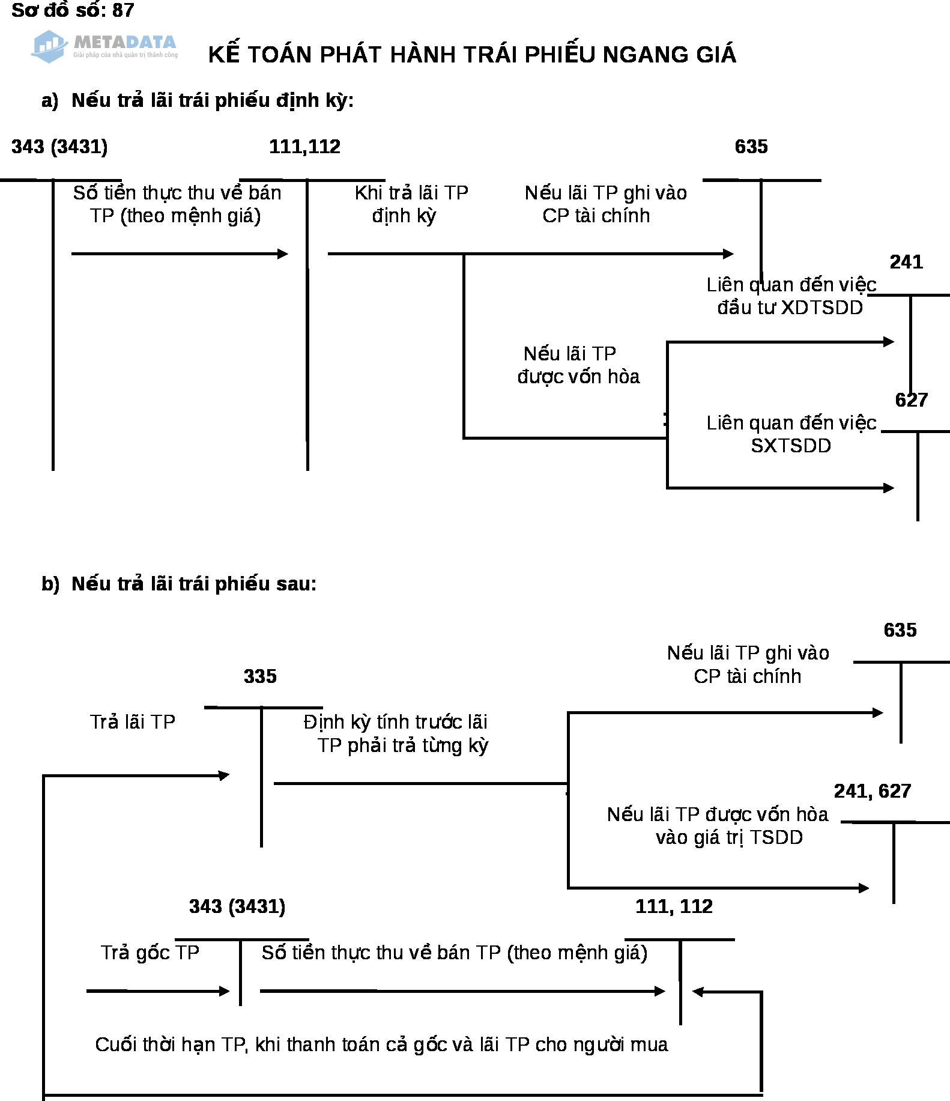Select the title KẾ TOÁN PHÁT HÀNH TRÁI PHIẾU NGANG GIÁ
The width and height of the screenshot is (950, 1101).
click(472, 55)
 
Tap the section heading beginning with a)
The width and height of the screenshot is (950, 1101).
click(198, 100)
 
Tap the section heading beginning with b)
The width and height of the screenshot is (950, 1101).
click(179, 584)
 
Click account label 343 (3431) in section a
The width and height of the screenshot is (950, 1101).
click(59, 147)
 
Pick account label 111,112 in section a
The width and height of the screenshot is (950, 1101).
click(304, 147)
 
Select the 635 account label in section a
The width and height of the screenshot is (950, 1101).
click(751, 147)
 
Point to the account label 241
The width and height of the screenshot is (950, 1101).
click(906, 262)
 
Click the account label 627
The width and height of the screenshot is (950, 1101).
click(912, 400)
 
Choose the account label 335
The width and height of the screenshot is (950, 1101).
click(260, 676)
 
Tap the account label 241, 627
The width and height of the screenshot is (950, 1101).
click(873, 791)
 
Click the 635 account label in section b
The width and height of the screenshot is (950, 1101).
click(900, 630)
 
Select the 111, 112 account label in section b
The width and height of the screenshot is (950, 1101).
click(674, 906)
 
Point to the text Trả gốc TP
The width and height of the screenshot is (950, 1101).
click(150, 953)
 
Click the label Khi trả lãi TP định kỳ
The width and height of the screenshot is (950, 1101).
click(411, 204)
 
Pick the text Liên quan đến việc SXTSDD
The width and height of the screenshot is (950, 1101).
click(791, 434)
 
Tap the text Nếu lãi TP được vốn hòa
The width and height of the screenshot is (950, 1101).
click(578, 365)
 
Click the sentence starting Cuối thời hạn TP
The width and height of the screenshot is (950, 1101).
click(381, 1045)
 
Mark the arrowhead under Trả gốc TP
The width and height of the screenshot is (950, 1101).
click(225, 991)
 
